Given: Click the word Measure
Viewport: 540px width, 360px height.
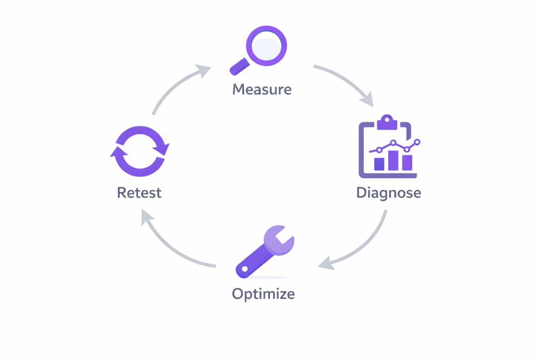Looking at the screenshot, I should click(262, 89).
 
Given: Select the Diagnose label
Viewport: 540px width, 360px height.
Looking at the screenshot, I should click(389, 192).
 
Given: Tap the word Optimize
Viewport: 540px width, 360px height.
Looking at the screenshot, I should click(263, 293).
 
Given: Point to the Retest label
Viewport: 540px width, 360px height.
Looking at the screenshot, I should click(139, 192).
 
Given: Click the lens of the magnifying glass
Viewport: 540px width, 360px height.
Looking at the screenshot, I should click(266, 46).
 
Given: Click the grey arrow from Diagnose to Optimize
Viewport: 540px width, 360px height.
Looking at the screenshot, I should click(364, 245).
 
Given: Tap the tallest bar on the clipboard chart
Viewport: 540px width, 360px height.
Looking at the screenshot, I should click(393, 160).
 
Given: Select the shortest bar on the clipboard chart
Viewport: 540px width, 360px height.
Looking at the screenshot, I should click(379, 164).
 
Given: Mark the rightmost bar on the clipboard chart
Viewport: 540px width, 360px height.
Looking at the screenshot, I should click(407, 162).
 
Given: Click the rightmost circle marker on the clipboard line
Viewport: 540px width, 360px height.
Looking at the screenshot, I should click(418, 142).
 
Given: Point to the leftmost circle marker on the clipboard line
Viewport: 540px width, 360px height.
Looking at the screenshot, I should click(379, 150).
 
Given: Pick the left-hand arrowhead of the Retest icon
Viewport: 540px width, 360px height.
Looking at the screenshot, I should click(117, 153).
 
